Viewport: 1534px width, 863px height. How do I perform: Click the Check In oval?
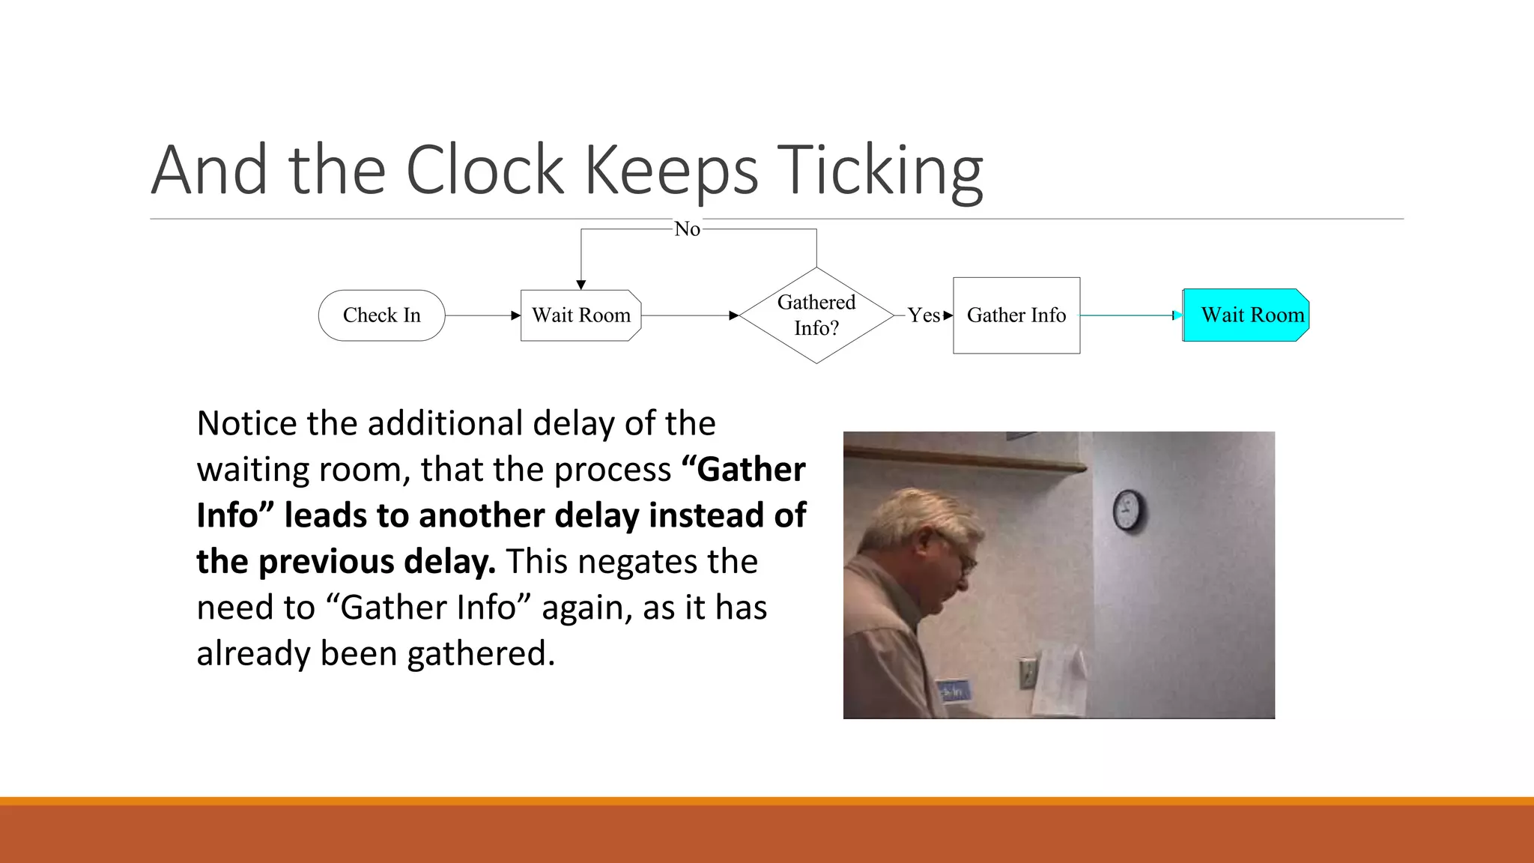click(381, 315)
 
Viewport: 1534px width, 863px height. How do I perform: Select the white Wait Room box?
click(580, 315)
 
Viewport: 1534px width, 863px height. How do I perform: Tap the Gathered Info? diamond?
click(816, 315)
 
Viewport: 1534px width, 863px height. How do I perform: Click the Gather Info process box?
click(1016, 315)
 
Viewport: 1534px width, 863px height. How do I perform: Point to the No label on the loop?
click(687, 229)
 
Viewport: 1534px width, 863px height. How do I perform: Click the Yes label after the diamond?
click(924, 315)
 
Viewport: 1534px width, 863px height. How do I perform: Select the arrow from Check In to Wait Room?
click(482, 315)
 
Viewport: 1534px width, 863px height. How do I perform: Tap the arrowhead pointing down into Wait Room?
click(580, 285)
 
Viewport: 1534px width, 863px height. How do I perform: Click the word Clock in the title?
click(485, 171)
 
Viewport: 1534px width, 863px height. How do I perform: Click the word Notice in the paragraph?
click(246, 424)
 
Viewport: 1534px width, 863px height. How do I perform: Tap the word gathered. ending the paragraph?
click(481, 654)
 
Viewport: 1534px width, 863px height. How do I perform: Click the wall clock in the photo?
click(1127, 511)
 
